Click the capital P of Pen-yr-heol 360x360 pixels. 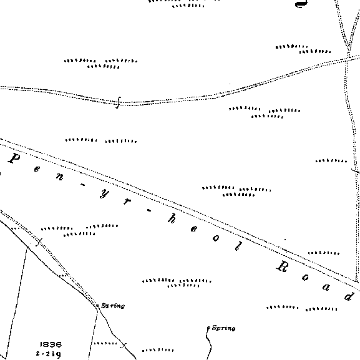tap(14, 158)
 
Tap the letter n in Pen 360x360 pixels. tap(60, 177)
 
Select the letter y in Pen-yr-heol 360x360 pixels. tap(104, 194)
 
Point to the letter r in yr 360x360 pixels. tap(127, 202)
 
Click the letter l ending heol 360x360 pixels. tap(238, 246)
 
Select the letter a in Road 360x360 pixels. tap(327, 287)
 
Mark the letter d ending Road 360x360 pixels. tap(349, 296)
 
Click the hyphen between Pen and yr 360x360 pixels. tap(83, 185)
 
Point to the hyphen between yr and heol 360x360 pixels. tap(149, 210)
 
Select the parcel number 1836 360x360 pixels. tap(51, 344)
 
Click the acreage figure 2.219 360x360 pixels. tap(49, 354)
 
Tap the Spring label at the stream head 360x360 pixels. tap(223, 328)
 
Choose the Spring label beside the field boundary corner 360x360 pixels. tap(113, 306)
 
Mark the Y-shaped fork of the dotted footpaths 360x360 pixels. tap(349, 49)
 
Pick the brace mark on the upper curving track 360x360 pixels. tap(118, 102)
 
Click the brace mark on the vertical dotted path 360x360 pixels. tap(356, 170)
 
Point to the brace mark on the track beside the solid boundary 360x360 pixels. tap(39, 243)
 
